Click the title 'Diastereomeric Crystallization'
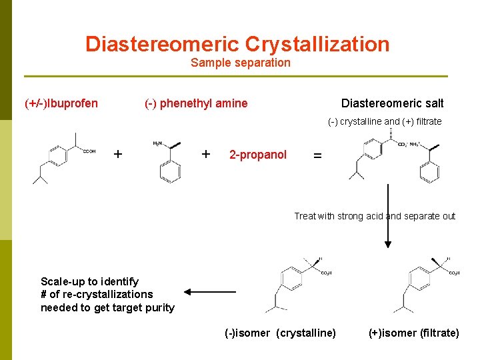(x=237, y=44)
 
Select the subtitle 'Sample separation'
(x=240, y=63)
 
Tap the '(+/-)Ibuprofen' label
(x=61, y=103)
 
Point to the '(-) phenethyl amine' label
(x=196, y=103)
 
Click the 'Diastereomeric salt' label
(x=392, y=103)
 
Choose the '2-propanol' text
(x=258, y=155)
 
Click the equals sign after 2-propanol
(x=317, y=155)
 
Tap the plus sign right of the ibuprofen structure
(x=118, y=154)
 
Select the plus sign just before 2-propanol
(x=206, y=154)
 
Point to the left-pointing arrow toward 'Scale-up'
(x=209, y=291)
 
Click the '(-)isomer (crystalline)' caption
(x=280, y=333)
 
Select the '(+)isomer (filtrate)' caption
(x=413, y=333)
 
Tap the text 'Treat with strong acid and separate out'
(x=375, y=216)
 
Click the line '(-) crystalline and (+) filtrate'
(x=385, y=121)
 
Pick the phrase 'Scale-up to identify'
(x=89, y=281)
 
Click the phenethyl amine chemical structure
(x=168, y=160)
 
